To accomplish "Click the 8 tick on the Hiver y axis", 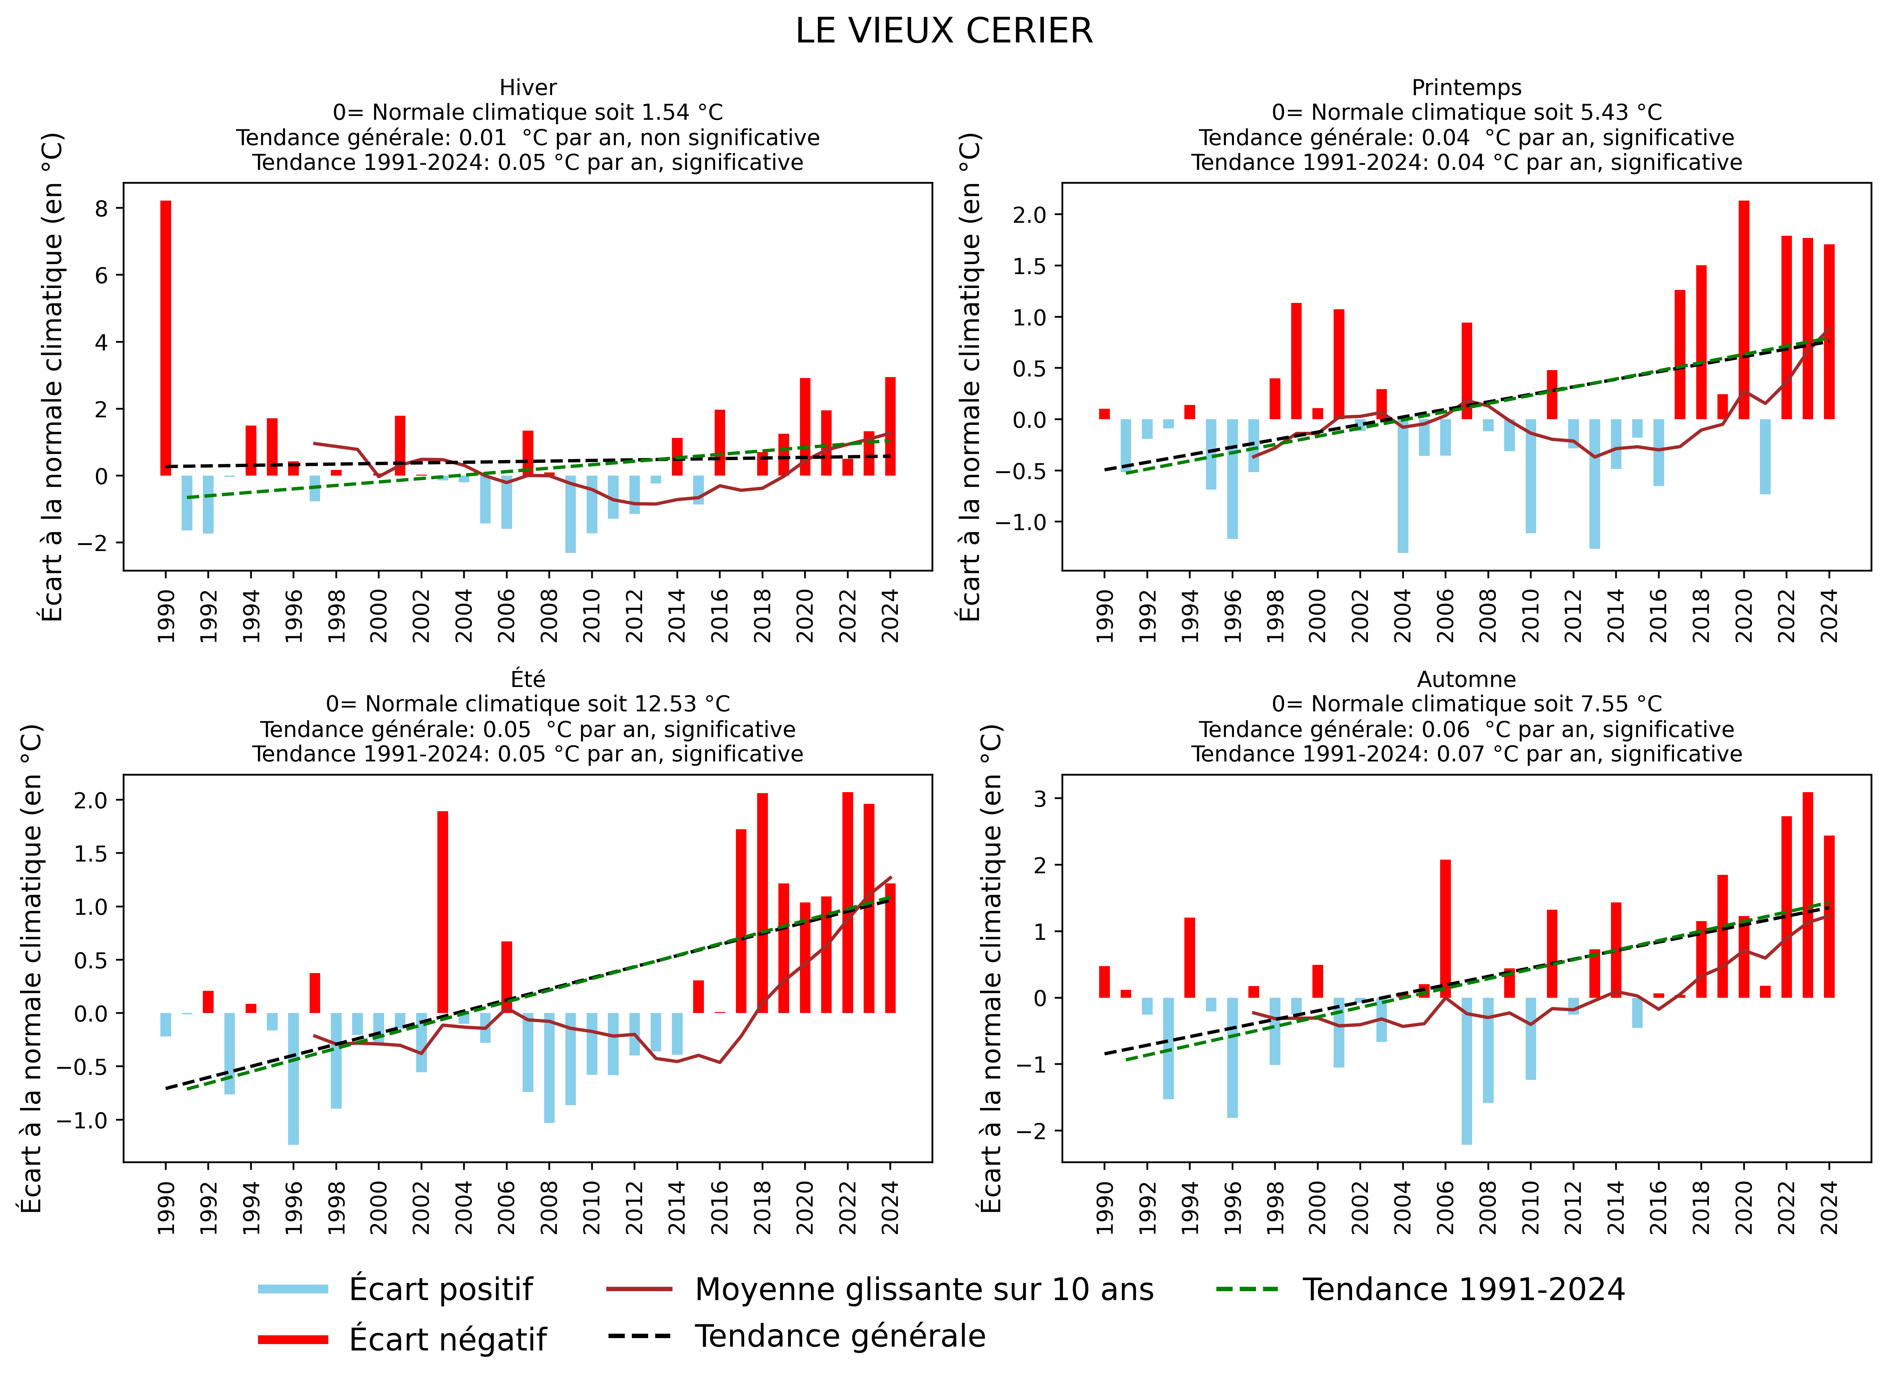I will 101,208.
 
